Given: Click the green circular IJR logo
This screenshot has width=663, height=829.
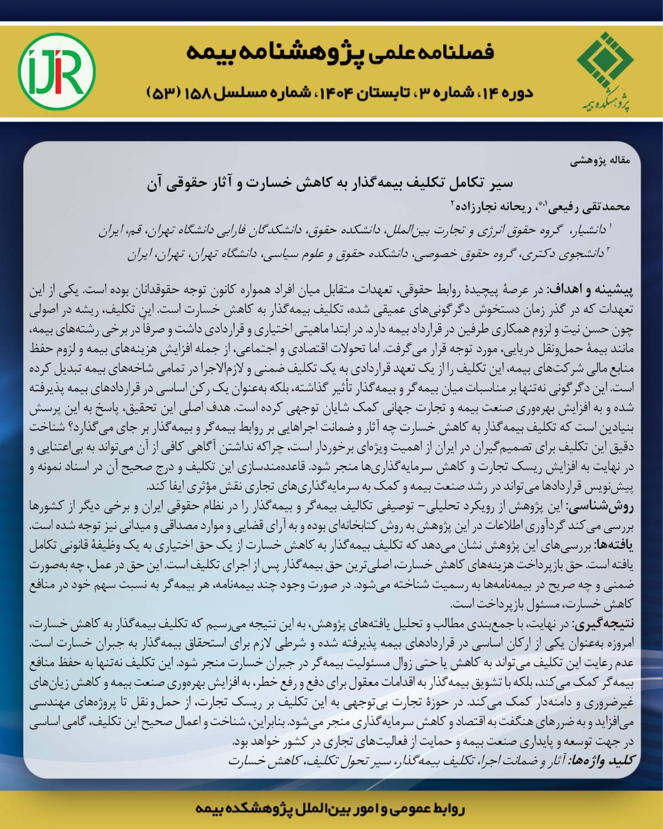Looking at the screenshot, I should (x=57, y=70).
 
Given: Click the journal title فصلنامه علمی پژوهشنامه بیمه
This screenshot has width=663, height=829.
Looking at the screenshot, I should (x=340, y=53).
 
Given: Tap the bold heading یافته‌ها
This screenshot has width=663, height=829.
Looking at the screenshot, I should (x=614, y=545).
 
